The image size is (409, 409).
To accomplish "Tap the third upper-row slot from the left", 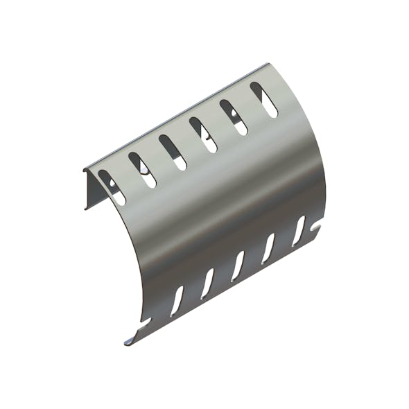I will pos(173,152).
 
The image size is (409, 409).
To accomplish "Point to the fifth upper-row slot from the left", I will pos(234,117).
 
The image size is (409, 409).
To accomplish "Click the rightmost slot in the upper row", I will pos(264,99).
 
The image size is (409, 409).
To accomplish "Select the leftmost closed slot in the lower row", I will pos(177,298).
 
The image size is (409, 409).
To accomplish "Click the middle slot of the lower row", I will pos(238,265).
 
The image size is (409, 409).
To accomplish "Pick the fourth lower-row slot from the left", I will pos(268,247).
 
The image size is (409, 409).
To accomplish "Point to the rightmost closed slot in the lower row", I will pos(299,230).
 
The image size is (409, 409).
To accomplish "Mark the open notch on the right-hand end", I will pos(318,226).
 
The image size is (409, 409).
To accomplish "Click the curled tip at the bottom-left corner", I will pos(130,341).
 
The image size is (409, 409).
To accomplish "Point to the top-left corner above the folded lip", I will pos(85,168).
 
